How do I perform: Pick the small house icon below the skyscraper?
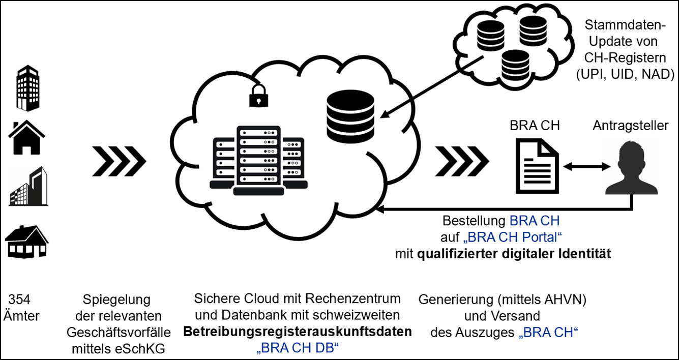(27, 137)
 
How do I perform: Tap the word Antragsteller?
(630, 125)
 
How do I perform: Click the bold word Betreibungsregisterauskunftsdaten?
(297, 332)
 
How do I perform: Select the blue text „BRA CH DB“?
(297, 348)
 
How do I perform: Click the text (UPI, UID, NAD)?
(625, 74)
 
